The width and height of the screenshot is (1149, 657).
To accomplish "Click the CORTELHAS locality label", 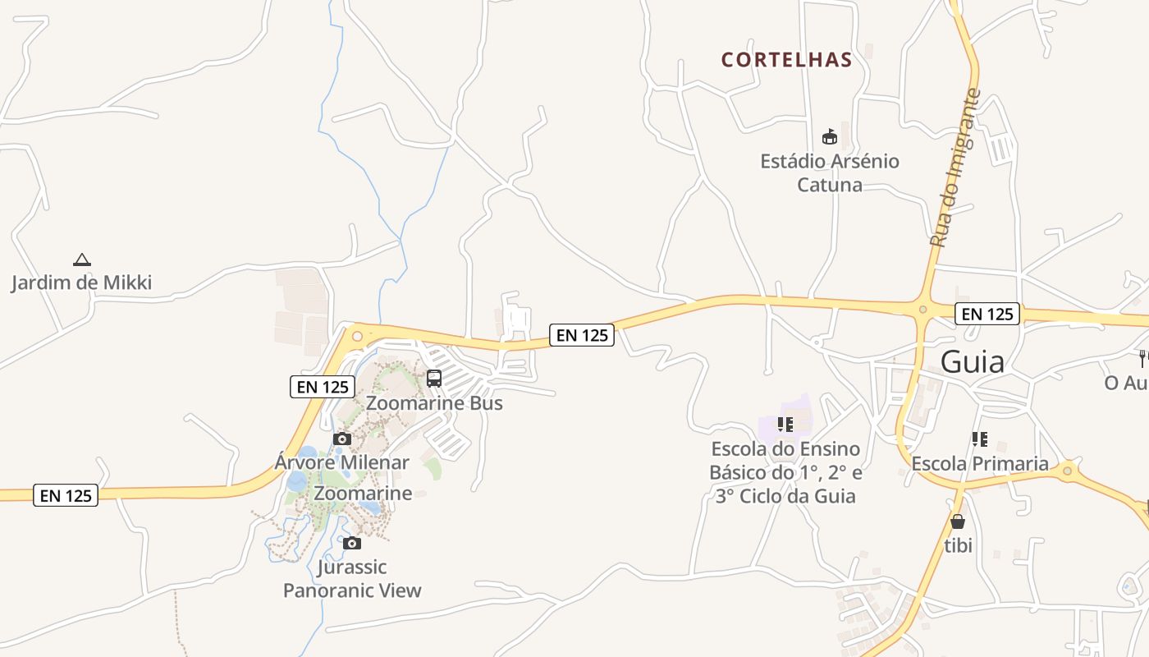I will (x=786, y=60).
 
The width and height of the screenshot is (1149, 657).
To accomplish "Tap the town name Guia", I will (x=972, y=361).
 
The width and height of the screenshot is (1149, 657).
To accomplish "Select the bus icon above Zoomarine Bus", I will (x=434, y=379).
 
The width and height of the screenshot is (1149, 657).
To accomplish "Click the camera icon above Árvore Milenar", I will (x=342, y=439).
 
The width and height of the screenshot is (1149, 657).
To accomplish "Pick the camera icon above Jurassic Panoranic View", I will (x=352, y=543).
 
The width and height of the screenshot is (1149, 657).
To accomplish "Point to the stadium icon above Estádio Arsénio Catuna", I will (x=829, y=136).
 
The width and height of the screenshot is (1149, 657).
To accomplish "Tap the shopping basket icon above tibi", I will (x=957, y=521).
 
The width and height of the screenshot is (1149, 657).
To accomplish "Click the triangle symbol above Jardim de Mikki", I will (x=81, y=260).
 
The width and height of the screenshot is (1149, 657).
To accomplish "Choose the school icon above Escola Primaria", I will (x=979, y=439).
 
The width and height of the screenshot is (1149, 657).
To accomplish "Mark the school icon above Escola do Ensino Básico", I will (x=785, y=425).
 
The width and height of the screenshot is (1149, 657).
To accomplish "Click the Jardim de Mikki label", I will (x=81, y=283).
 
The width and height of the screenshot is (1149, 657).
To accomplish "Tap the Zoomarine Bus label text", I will (x=434, y=403).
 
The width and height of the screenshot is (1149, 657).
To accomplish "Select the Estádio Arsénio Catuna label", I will (x=830, y=172).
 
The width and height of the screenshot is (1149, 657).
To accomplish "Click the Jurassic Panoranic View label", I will (x=352, y=579).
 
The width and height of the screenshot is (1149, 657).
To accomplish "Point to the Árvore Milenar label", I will (x=341, y=462).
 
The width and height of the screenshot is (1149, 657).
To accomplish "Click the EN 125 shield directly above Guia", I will (x=987, y=314).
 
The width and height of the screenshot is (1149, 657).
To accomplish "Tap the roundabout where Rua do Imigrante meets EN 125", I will (x=922, y=310).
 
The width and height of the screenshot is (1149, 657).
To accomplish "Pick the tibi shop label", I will (x=958, y=544).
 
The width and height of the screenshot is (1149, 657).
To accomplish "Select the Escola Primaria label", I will (x=980, y=464).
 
